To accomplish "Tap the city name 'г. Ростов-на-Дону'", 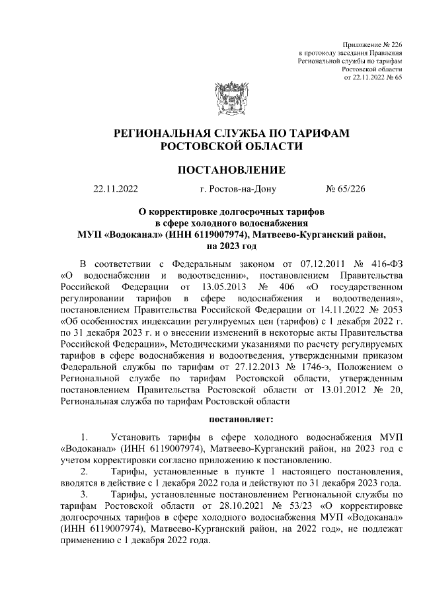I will point(237,190).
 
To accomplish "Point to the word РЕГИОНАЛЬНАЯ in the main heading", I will point(169,134).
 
